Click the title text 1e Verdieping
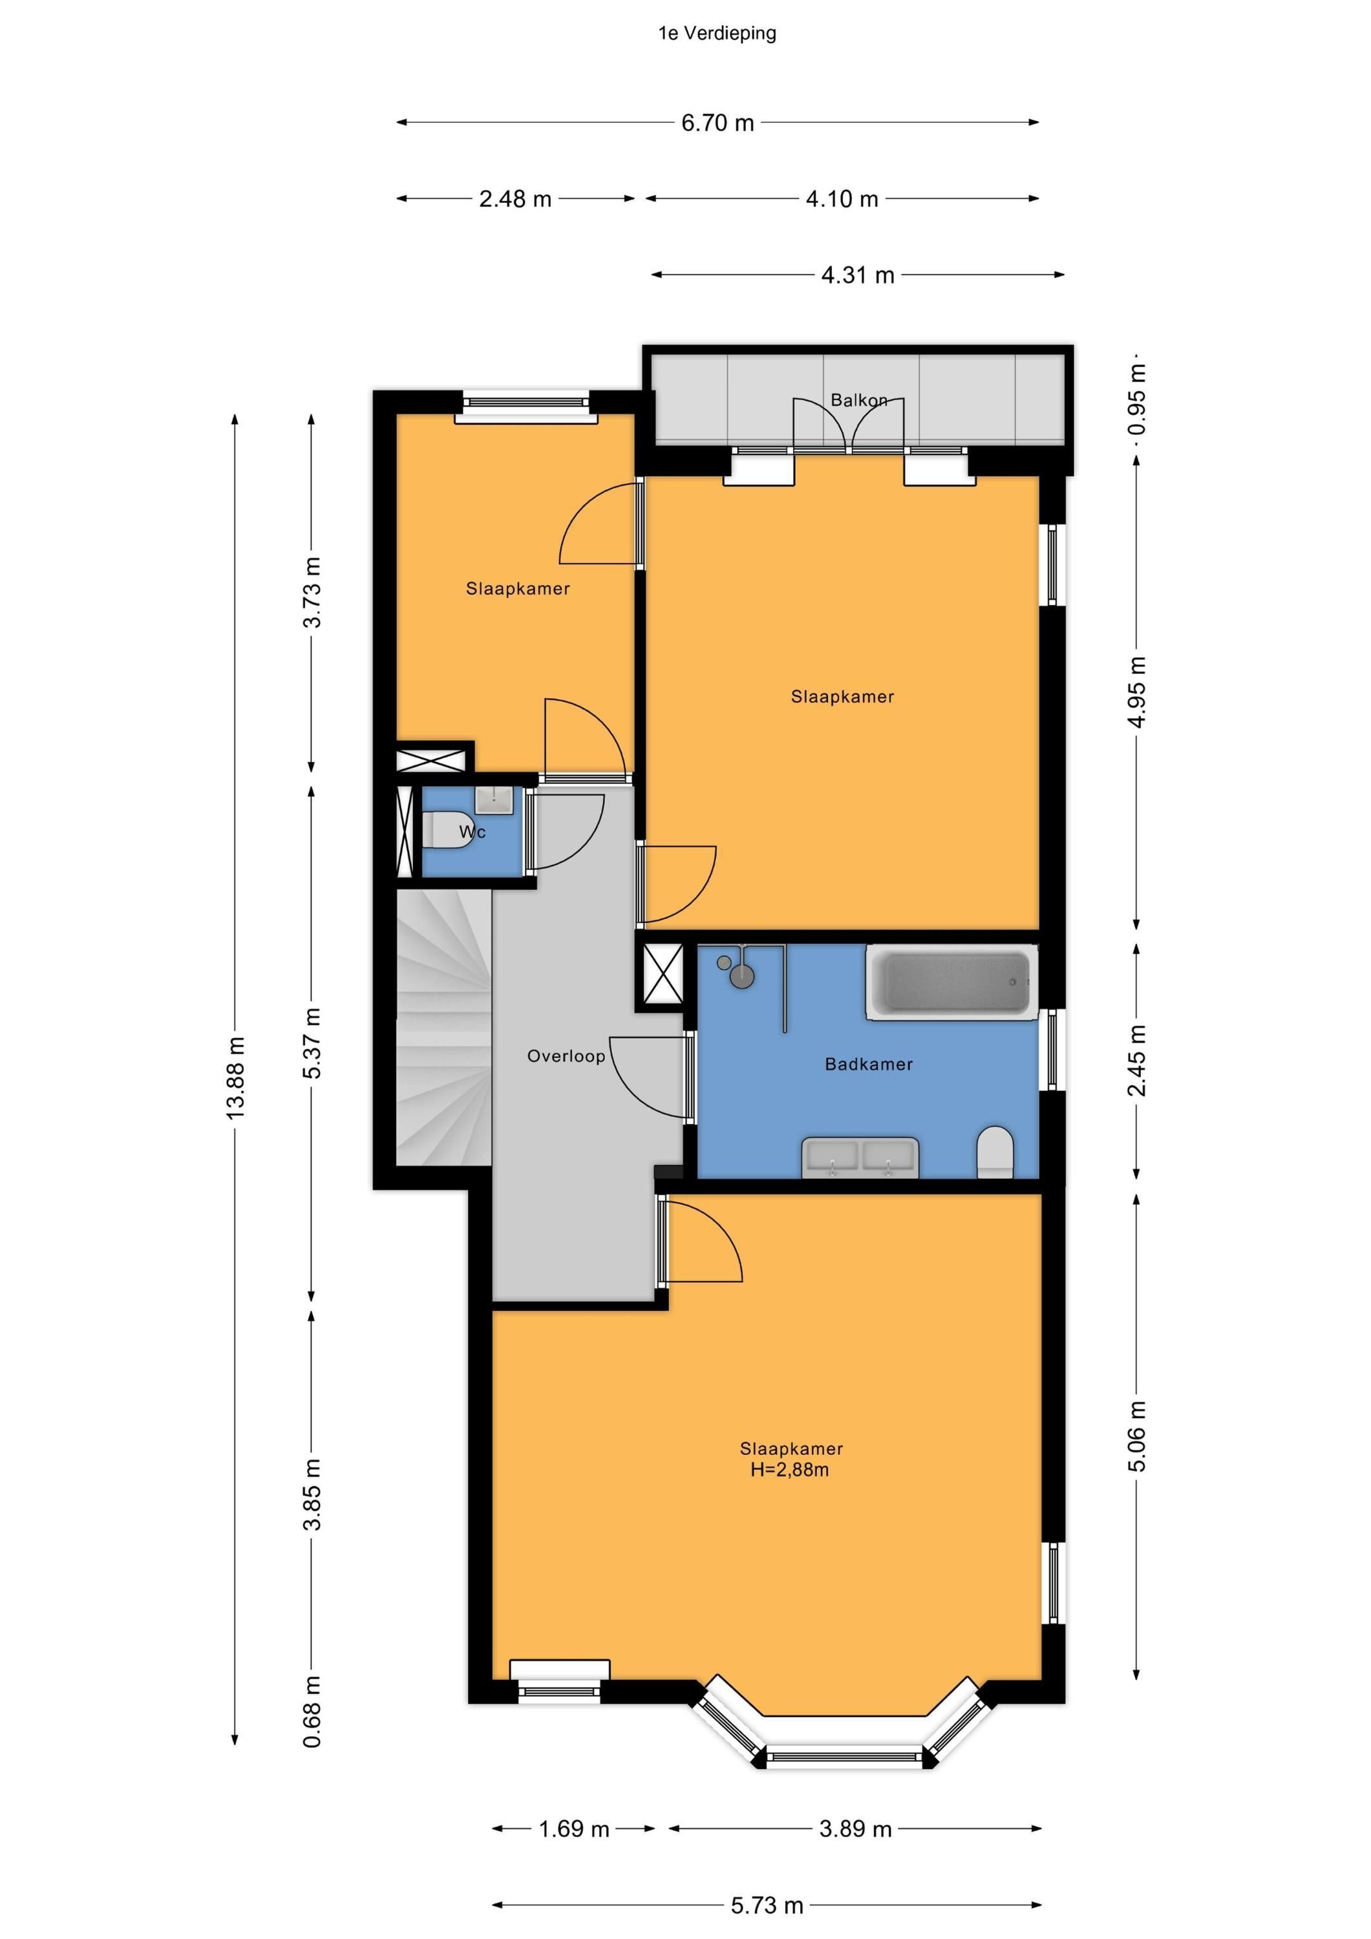tap(717, 33)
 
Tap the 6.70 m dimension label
tap(717, 122)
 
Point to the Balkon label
tap(859, 399)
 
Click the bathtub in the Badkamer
tap(952, 982)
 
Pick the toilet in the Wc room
tap(441, 830)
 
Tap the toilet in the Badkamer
tap(995, 1151)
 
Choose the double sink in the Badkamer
tap(860, 1157)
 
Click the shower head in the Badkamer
tap(741, 975)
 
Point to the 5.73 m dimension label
tap(767, 1905)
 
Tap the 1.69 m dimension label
tap(575, 1829)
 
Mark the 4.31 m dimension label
tap(857, 275)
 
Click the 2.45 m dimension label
tap(1137, 1060)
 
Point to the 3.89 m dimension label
tap(856, 1829)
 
